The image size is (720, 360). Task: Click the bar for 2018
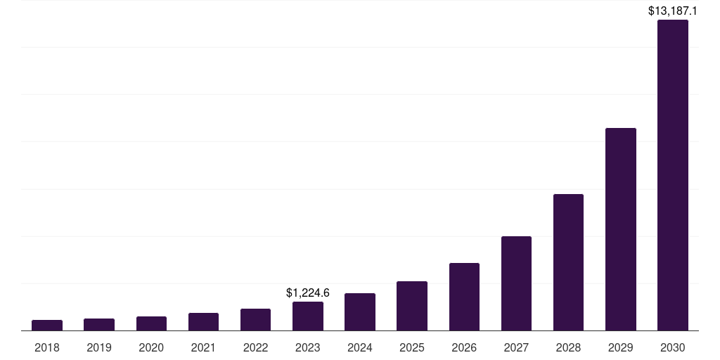tap(47, 326)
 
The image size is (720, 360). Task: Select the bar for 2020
tap(151, 323)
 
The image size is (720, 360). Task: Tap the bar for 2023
tap(308, 316)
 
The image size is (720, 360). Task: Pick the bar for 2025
tap(412, 306)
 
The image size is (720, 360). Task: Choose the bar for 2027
tap(516, 283)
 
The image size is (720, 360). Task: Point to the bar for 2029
tap(621, 229)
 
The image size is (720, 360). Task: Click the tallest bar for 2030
tap(673, 175)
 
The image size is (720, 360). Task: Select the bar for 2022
tap(255, 320)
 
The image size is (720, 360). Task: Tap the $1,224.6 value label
tap(308, 292)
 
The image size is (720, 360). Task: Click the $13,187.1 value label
tap(673, 11)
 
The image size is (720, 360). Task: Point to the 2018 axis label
tap(47, 347)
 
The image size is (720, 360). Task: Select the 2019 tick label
tap(99, 347)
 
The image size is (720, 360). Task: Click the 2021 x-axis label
tap(203, 347)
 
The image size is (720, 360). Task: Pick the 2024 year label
tap(360, 347)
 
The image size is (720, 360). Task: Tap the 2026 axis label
tap(464, 347)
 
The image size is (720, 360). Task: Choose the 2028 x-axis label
tap(568, 347)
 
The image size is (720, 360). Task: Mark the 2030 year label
tap(673, 347)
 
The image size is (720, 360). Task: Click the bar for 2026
tap(464, 297)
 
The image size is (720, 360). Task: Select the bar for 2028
tap(568, 262)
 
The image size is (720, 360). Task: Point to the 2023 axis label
tap(308, 347)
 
